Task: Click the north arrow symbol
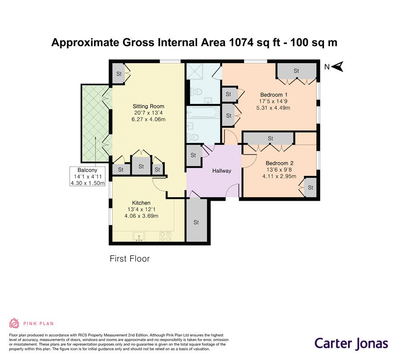(337, 67)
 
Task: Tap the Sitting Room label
(149, 106)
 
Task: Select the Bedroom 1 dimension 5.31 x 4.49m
(273, 108)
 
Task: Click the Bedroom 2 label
(280, 163)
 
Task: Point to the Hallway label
(221, 171)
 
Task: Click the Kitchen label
(141, 203)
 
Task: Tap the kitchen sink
(139, 236)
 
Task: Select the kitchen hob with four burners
(165, 236)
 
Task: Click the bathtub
(203, 112)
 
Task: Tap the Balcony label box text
(87, 176)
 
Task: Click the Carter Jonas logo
(351, 344)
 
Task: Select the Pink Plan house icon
(14, 323)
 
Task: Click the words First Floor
(130, 259)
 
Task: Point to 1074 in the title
(241, 42)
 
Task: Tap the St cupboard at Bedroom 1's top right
(297, 71)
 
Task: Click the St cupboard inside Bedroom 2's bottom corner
(311, 188)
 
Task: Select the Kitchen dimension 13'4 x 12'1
(141, 209)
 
